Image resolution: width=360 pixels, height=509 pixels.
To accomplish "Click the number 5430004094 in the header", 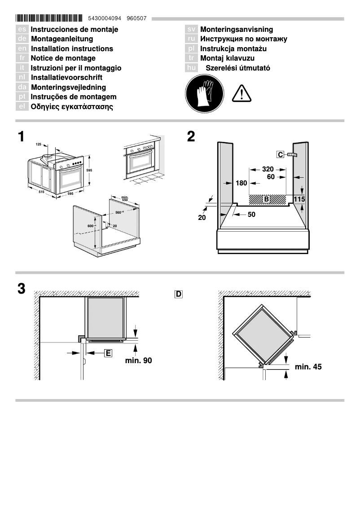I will click(105, 19).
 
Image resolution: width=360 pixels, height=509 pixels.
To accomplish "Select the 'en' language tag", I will click(22, 48).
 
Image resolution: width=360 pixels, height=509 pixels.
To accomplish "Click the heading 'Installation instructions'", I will click(72, 48).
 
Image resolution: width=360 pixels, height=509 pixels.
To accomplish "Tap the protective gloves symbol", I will click(205, 93).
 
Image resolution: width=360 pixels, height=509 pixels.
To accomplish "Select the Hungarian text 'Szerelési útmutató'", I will click(237, 68).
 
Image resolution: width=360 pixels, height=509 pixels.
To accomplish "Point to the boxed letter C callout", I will click(280, 155).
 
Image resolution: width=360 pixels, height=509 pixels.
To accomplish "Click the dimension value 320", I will click(268, 169).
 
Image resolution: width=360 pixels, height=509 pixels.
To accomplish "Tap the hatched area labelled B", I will click(267, 198).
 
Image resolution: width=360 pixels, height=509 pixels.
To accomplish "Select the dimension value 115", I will click(299, 198).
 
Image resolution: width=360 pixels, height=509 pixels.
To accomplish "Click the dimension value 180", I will click(241, 183).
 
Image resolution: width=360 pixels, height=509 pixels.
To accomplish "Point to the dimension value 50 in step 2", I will click(251, 215).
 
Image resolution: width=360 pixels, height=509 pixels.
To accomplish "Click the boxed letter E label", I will click(108, 353).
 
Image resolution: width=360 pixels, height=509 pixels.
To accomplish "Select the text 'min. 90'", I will click(138, 360).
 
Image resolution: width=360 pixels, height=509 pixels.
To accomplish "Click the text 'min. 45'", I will click(308, 367).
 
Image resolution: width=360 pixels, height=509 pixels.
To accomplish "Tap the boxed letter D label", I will click(178, 294).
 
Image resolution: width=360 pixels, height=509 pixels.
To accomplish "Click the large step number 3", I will click(21, 289).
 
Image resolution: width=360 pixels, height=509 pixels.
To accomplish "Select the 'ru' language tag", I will click(191, 39).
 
